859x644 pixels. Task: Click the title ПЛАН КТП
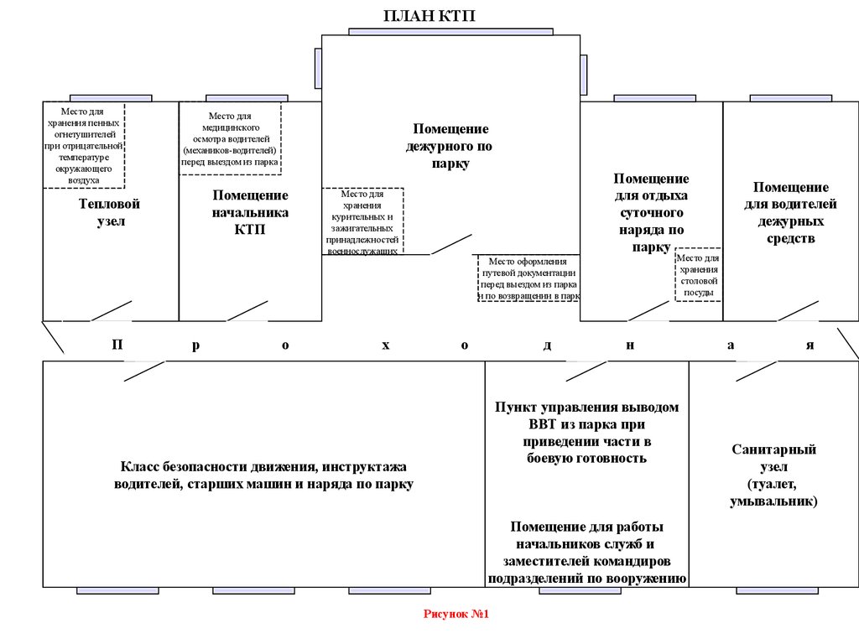tap(435, 16)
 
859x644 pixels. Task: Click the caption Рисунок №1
tap(456, 615)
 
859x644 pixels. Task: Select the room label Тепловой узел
tap(109, 213)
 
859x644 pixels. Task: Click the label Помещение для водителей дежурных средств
tap(790, 213)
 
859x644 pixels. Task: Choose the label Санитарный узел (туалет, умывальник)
tap(773, 475)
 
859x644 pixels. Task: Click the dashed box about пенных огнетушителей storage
tap(84, 145)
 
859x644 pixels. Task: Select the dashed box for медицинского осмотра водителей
tap(231, 138)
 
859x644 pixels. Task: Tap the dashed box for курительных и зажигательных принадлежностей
tap(363, 221)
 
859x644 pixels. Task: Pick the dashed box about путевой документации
tap(528, 278)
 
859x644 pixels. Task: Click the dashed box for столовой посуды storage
tap(698, 274)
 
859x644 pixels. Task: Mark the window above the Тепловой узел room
tap(111, 98)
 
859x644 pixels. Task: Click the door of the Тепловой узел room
tap(111, 310)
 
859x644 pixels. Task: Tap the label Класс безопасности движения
tap(263, 475)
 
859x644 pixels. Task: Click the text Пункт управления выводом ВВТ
tap(586, 433)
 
